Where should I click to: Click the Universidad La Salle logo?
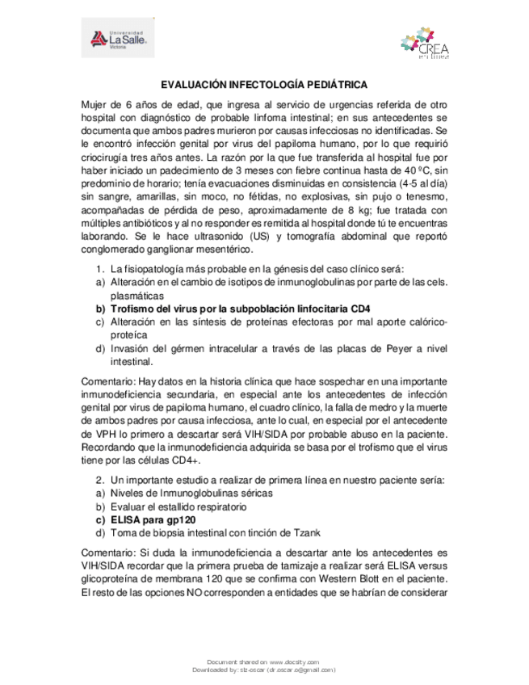[x=119, y=38]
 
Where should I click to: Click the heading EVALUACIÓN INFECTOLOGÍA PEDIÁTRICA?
[x=264, y=84]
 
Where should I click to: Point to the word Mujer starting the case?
[x=96, y=106]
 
